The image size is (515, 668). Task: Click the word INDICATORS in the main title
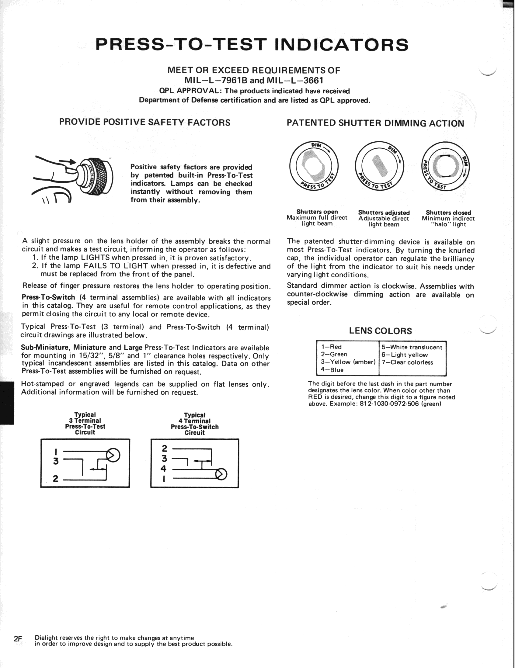click(x=341, y=45)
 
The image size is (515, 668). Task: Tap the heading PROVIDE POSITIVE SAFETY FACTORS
click(x=145, y=122)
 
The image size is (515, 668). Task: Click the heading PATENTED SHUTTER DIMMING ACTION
click(x=375, y=123)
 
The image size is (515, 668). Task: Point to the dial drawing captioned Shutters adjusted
click(x=379, y=166)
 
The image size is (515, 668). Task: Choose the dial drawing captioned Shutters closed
click(x=445, y=167)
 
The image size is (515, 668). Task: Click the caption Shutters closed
click(x=448, y=213)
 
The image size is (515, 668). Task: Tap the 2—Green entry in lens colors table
click(x=334, y=354)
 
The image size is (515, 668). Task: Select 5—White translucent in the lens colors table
click(x=412, y=347)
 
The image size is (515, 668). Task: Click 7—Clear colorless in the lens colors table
click(x=407, y=362)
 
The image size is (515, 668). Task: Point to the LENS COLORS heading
click(x=380, y=331)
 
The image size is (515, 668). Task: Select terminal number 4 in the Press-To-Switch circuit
click(x=163, y=469)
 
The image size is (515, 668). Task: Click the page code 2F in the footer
click(x=18, y=639)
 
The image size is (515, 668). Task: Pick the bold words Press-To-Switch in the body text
click(x=48, y=297)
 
